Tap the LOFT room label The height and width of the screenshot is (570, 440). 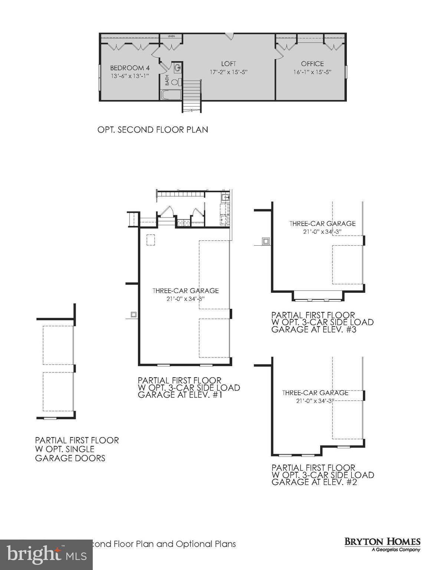pyautogui.click(x=229, y=64)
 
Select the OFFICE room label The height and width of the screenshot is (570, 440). pyautogui.click(x=312, y=64)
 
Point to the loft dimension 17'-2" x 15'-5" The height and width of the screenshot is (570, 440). pyautogui.click(x=229, y=72)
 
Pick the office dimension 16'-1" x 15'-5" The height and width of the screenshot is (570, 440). pyautogui.click(x=312, y=72)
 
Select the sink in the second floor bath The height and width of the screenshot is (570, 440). pyautogui.click(x=177, y=68)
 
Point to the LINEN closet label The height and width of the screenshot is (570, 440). pyautogui.click(x=171, y=36)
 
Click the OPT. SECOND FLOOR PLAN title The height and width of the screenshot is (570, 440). pyautogui.click(x=152, y=130)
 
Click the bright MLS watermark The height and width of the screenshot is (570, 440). pyautogui.click(x=46, y=554)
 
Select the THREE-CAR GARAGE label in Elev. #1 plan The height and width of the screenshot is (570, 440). pyautogui.click(x=185, y=291)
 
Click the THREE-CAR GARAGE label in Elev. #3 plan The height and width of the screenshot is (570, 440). pyautogui.click(x=322, y=223)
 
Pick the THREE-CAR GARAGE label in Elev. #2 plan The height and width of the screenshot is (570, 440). pyautogui.click(x=315, y=393)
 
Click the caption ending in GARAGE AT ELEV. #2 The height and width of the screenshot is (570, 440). pyautogui.click(x=322, y=475)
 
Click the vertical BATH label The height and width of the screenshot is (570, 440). pyautogui.click(x=167, y=80)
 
